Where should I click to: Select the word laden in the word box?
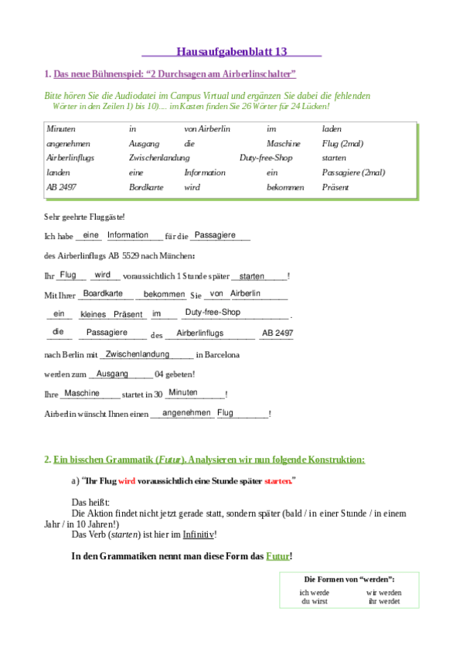332,128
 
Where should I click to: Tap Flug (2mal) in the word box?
342,143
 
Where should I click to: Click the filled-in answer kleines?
93,315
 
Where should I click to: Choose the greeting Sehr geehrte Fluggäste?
73,217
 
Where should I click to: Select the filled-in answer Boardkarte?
103,294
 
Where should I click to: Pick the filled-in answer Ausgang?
112,374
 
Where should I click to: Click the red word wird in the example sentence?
128,480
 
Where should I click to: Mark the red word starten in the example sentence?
277,480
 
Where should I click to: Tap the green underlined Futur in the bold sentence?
277,556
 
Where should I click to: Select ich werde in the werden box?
315,593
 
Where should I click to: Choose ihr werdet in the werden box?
384,601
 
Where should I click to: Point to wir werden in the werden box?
384,593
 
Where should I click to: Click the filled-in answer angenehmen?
187,413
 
